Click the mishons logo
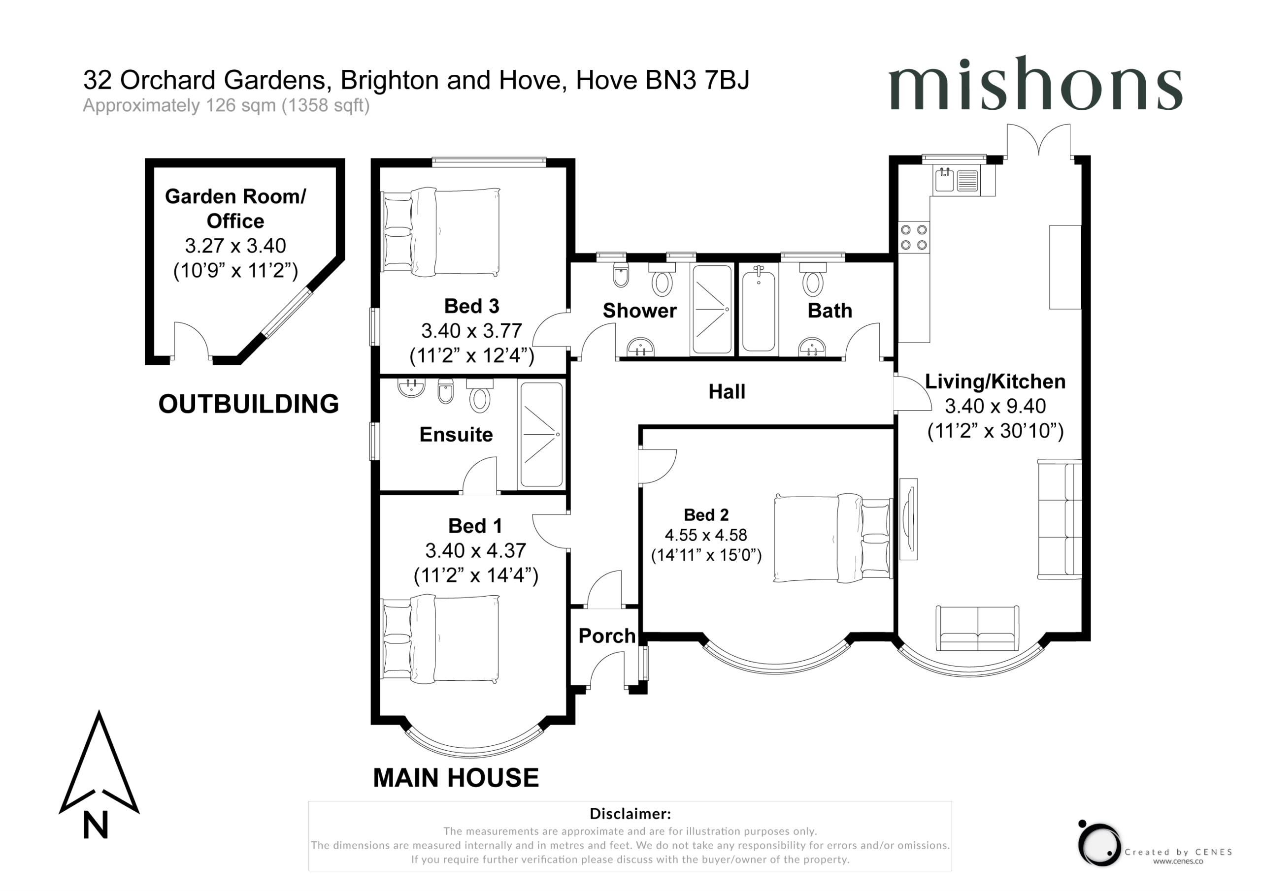1035,84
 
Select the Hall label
727,391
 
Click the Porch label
607,636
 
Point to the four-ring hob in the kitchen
913,237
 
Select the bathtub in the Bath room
759,309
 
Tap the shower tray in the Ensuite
541,434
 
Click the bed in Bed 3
440,232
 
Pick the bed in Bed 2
832,539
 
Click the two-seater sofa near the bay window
977,629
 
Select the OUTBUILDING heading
248,404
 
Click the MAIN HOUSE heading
456,778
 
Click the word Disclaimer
630,814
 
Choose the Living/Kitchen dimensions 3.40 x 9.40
995,406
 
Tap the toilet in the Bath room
813,279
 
